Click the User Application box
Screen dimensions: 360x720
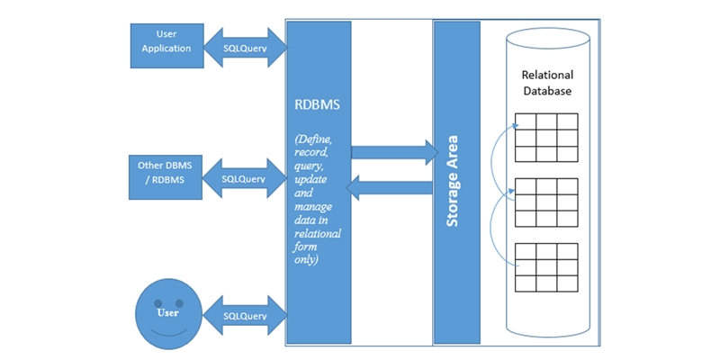tap(166, 42)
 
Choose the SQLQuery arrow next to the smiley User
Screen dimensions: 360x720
tap(245, 316)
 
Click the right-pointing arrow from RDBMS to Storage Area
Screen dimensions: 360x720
tap(392, 152)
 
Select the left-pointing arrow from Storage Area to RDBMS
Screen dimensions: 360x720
tap(392, 188)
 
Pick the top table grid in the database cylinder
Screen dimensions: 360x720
tap(546, 137)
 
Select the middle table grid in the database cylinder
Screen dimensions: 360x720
tap(546, 202)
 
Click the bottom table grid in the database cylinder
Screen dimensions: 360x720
tap(546, 267)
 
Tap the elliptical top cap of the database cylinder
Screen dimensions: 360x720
tap(547, 40)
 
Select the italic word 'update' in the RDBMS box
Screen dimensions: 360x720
tap(312, 179)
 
